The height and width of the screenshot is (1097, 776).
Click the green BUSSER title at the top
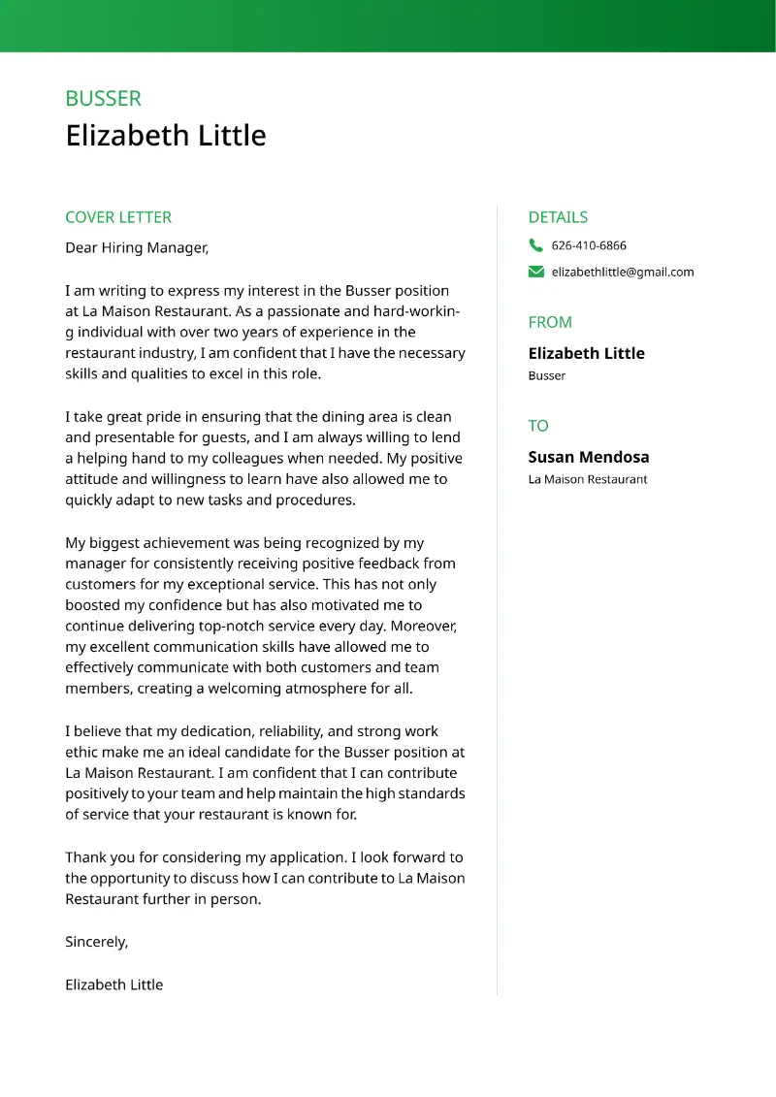tap(103, 99)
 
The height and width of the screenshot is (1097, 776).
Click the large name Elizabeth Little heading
tap(165, 136)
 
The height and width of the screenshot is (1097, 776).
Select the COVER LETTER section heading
tap(118, 217)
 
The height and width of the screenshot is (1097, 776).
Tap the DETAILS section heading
tap(558, 217)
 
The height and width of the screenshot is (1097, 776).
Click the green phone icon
tap(536, 245)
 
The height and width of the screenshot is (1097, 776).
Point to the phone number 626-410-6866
tap(589, 245)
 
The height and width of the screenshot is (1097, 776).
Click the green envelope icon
tap(536, 272)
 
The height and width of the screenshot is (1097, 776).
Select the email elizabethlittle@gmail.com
tap(623, 273)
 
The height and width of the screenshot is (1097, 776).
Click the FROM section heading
tap(550, 322)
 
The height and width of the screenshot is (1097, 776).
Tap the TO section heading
tap(538, 426)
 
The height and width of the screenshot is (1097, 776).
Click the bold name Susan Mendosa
tap(589, 457)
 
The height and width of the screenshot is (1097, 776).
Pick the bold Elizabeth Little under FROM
tap(586, 353)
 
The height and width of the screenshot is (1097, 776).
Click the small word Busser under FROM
tap(547, 376)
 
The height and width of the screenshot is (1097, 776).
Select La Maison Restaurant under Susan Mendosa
tap(588, 479)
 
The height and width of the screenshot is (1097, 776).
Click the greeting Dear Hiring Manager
tap(137, 248)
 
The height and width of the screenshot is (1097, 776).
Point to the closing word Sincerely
tap(96, 942)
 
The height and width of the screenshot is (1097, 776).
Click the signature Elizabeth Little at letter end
tap(113, 984)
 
